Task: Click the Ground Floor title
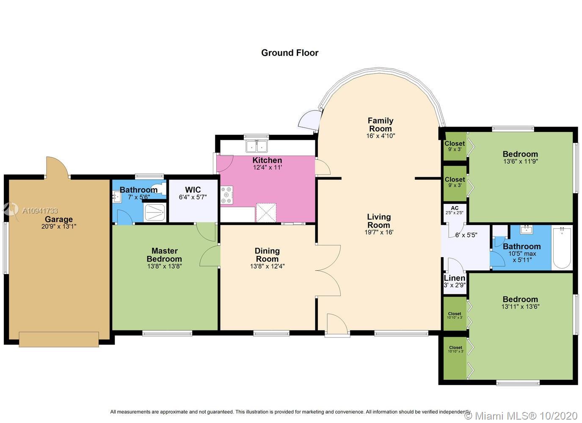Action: (290, 53)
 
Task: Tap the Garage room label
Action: (59, 219)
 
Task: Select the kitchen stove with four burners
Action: (226, 195)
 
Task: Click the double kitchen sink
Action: (257, 146)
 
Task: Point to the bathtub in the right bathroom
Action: (562, 248)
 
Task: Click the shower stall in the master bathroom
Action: (155, 212)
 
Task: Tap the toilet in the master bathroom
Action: (159, 188)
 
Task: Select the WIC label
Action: (193, 190)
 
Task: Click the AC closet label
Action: (455, 208)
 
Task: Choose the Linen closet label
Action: (455, 278)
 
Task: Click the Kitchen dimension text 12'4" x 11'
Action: (268, 167)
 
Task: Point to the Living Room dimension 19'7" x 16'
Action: (379, 232)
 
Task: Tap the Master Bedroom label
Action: (165, 255)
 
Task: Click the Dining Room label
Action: (267, 255)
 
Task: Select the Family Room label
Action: (381, 124)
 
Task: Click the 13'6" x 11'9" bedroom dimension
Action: (521, 161)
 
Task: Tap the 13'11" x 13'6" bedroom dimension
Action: (521, 306)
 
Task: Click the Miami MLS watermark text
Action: (521, 416)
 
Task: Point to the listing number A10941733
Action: (40, 211)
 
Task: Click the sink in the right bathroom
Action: (527, 230)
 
